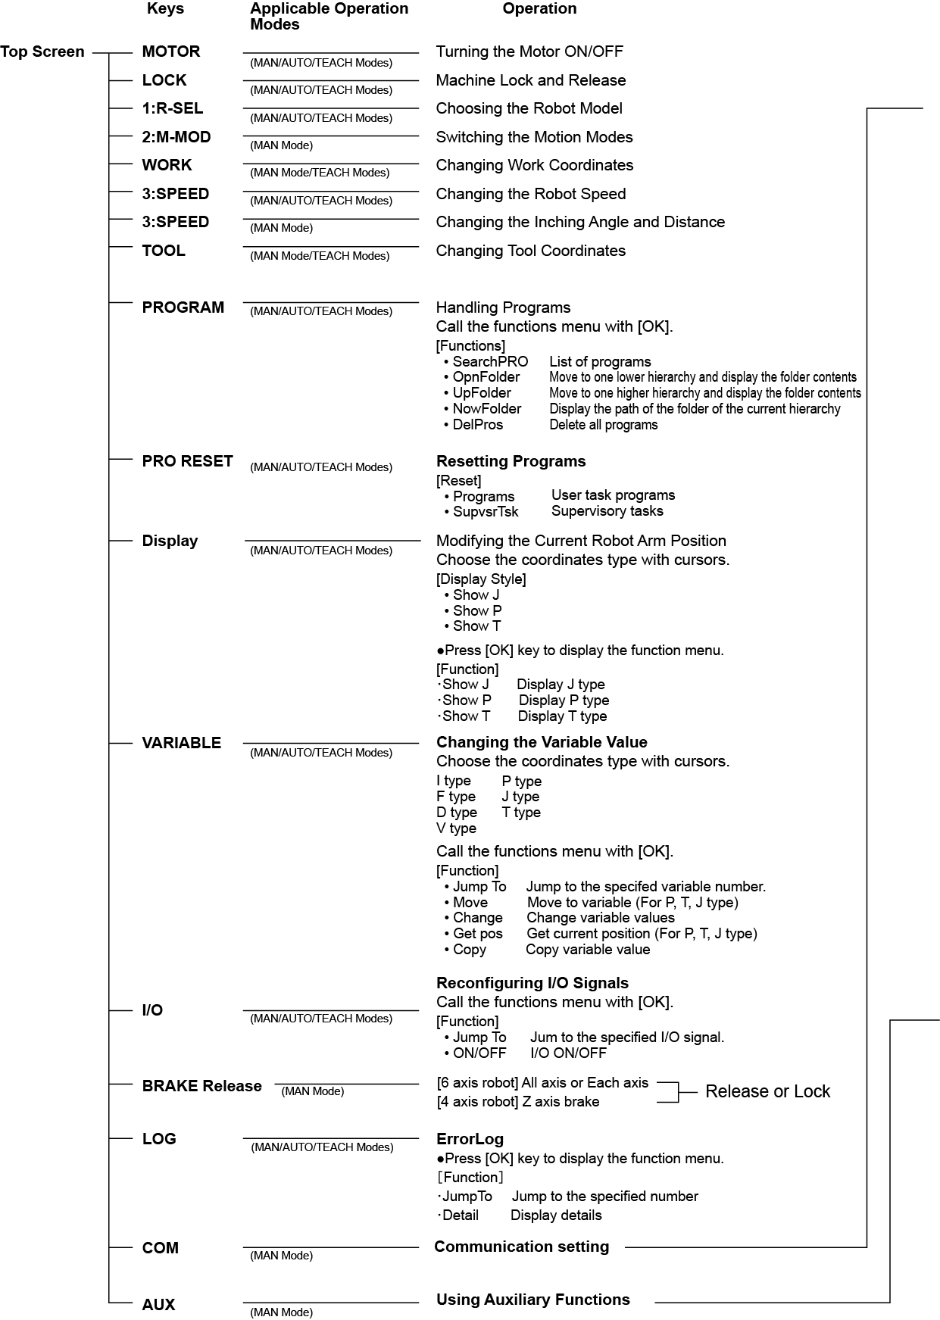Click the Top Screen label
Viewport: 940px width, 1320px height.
(42, 52)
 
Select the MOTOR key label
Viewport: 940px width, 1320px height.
(171, 52)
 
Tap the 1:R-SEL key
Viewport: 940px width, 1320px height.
(173, 109)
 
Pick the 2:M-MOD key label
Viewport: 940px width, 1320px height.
(176, 138)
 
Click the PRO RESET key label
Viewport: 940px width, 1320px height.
(187, 462)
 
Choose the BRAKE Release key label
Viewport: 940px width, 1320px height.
(201, 1087)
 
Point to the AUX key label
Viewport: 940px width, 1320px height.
(158, 1305)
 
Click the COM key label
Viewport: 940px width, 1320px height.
(161, 1248)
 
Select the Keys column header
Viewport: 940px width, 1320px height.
(165, 9)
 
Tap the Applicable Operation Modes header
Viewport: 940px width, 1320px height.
(329, 16)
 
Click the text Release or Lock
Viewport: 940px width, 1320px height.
(767, 1092)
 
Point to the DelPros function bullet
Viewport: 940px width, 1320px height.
(477, 425)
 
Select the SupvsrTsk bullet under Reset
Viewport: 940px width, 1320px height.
(486, 512)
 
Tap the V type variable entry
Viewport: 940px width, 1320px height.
(456, 829)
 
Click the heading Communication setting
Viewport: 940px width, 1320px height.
(521, 1247)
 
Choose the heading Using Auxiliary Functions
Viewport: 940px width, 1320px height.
(532, 1300)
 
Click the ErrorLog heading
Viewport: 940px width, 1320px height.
(470, 1140)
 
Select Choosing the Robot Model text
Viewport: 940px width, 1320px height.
(529, 109)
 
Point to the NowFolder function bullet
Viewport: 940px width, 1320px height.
(486, 409)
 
